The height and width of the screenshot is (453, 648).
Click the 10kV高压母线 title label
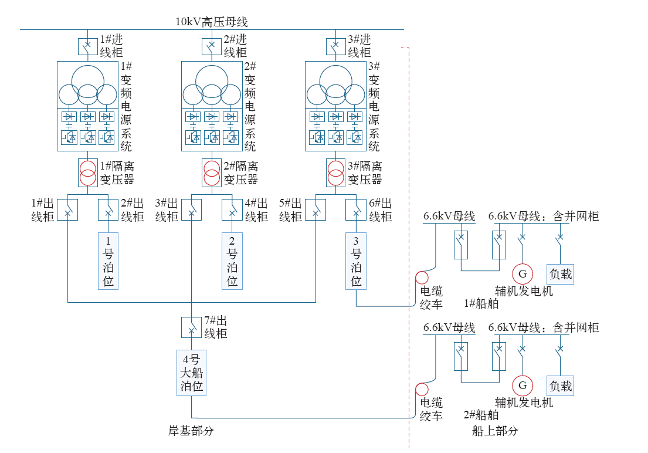(212, 22)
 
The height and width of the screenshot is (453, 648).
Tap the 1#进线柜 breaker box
(87, 46)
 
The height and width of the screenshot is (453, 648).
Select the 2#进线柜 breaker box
(212, 46)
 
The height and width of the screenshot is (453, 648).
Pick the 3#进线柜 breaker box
(335, 46)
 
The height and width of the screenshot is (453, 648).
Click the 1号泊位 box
(108, 261)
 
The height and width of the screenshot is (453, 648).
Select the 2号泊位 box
(232, 261)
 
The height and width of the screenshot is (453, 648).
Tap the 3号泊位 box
(357, 261)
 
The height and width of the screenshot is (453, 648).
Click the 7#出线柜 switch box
(191, 327)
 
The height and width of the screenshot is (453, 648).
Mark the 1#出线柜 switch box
(67, 209)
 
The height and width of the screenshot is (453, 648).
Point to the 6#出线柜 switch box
(356, 209)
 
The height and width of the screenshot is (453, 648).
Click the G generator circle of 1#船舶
(523, 273)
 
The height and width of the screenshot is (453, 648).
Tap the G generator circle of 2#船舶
(523, 386)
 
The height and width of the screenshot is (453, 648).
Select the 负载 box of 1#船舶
(560, 273)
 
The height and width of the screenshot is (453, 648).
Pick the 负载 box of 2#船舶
(560, 386)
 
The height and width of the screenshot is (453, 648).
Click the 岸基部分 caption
(191, 431)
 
